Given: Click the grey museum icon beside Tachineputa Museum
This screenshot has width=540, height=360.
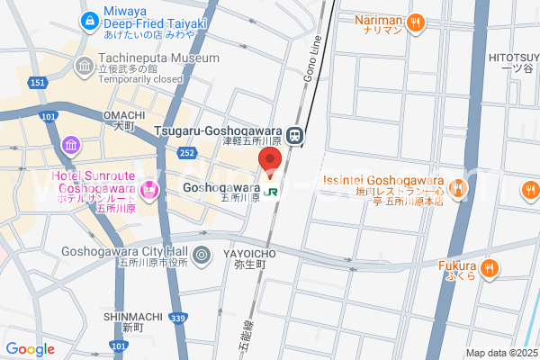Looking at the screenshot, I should (84, 66).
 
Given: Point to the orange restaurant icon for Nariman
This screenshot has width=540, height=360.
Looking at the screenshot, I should (415, 23).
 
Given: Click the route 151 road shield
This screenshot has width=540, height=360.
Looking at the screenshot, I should (37, 83).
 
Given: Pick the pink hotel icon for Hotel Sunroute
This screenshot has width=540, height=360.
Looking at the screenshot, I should (149, 189).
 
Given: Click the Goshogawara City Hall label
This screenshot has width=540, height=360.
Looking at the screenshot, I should (124, 253).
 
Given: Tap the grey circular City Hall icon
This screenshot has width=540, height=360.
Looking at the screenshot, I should (202, 255).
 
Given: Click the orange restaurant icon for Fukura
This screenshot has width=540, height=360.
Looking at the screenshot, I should (489, 266).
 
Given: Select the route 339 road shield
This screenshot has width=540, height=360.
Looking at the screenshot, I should (179, 318).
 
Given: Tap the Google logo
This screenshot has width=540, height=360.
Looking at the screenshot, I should (30, 348).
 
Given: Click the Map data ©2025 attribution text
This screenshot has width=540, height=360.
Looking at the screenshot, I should (500, 353).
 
